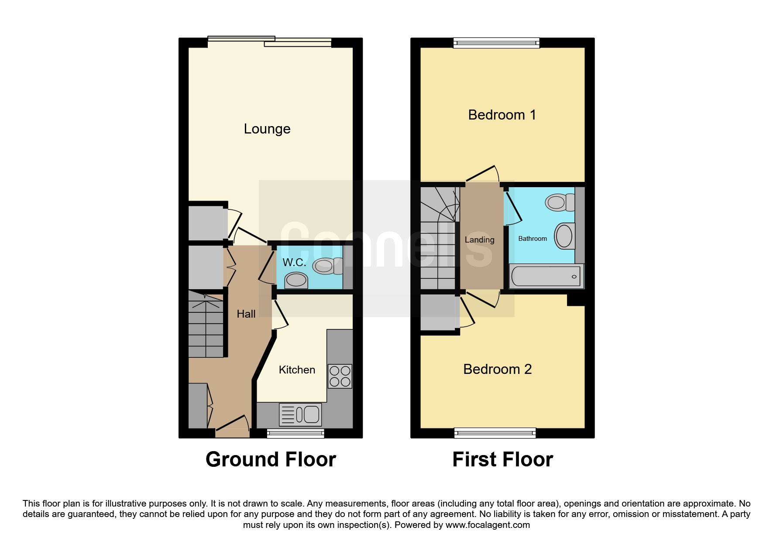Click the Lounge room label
point(267,129)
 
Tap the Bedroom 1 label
point(502,115)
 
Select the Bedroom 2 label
point(498,369)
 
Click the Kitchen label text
point(297,370)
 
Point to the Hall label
point(246,314)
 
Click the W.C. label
point(294,262)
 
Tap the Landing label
point(480,240)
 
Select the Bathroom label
point(533,239)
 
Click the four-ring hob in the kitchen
point(340,376)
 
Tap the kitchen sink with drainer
point(300,414)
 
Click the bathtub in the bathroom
point(546,276)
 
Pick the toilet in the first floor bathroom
point(560,202)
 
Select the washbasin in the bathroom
point(564,236)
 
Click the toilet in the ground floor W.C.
point(328,266)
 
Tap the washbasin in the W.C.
point(296,280)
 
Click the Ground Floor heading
point(271,459)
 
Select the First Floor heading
point(503,459)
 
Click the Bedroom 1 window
point(496,43)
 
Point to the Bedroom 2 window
point(495,433)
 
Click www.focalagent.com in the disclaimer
point(488,525)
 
